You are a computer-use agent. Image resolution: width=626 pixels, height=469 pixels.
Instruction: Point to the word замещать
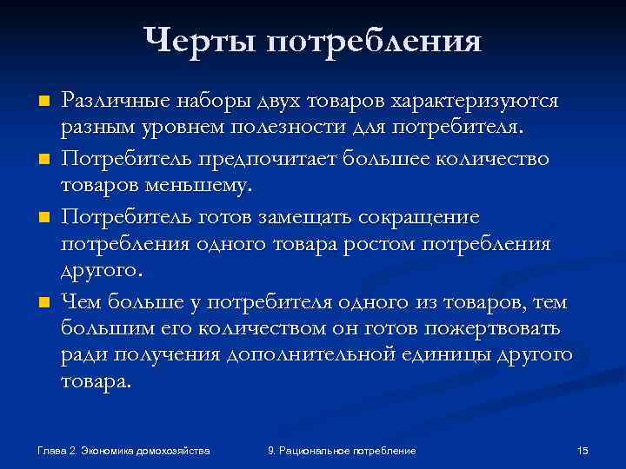point(289,215)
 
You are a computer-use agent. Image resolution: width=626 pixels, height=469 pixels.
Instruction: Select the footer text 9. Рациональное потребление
point(342,450)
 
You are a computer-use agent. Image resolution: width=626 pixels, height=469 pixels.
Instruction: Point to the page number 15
point(583,450)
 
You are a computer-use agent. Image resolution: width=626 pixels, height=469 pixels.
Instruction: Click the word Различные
point(110,101)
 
